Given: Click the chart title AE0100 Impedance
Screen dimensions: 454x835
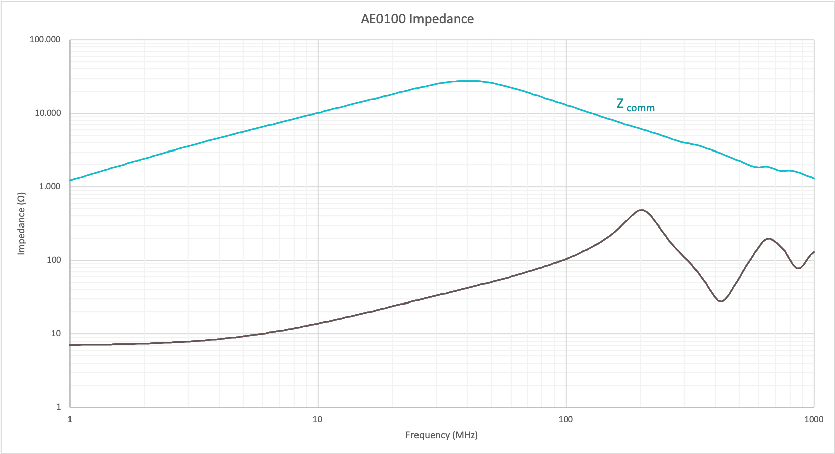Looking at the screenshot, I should point(417,19).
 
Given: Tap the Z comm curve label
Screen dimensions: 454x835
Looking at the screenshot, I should point(635,105).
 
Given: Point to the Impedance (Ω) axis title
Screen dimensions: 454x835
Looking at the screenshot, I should point(21,223).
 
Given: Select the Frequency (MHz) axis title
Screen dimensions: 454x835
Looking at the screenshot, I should point(441,435).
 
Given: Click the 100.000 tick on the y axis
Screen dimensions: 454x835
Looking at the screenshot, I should point(45,40).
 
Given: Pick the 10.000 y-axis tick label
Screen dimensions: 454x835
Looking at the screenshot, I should point(47,113).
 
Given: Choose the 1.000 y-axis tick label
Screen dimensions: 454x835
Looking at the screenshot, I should point(49,187).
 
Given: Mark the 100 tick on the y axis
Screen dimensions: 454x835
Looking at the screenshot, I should point(54,260).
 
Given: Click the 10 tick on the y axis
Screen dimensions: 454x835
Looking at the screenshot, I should point(56,334).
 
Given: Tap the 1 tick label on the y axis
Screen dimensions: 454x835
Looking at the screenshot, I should point(58,407).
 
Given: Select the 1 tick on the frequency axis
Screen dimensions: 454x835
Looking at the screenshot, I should point(70,419).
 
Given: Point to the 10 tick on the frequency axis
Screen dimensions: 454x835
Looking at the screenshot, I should point(317,419).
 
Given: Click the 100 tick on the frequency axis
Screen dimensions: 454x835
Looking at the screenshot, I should point(566,419).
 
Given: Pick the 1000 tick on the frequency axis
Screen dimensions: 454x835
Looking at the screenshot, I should point(814,419).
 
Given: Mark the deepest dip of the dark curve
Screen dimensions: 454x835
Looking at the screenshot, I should point(721,301).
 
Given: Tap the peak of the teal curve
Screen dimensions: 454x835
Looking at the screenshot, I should point(468,81).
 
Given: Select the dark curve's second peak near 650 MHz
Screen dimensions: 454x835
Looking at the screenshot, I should point(768,239).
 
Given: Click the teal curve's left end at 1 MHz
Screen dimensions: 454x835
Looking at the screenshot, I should point(71,180).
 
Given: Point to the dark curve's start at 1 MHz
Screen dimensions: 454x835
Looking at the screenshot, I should point(71,345).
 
